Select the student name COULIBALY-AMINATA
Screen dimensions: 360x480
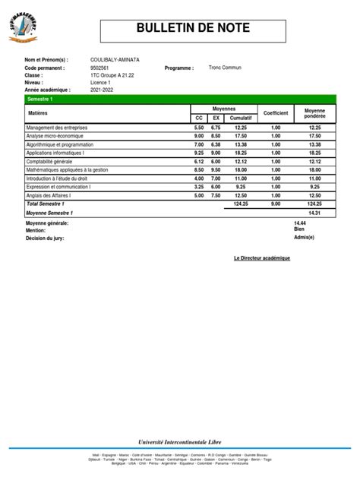click(x=115, y=60)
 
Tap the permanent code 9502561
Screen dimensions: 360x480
click(x=100, y=68)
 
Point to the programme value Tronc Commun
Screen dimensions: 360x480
click(x=226, y=68)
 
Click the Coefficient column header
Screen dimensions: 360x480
click(x=276, y=113)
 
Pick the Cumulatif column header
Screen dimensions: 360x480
click(x=241, y=118)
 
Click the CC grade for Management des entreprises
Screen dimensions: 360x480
click(x=199, y=128)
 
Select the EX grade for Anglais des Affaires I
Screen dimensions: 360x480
click(x=216, y=195)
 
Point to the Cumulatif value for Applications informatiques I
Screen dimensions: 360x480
click(x=241, y=153)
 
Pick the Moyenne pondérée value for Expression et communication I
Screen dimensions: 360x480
click(x=314, y=186)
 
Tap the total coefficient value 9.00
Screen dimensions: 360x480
click(x=276, y=204)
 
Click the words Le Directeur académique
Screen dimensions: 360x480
click(x=262, y=258)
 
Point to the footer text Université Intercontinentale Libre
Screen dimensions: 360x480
click(x=180, y=441)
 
